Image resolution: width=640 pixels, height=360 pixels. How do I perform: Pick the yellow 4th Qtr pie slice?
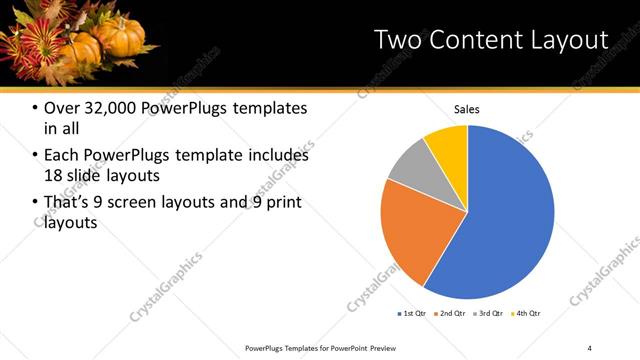coord(448,146)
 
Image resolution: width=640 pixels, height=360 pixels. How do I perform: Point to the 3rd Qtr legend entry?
coord(488,313)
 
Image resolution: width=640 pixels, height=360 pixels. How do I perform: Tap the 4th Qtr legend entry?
coord(525,313)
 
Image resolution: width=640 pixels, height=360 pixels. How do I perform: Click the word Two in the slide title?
coord(397,39)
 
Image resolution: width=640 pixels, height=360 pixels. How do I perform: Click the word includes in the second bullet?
coord(280,156)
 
